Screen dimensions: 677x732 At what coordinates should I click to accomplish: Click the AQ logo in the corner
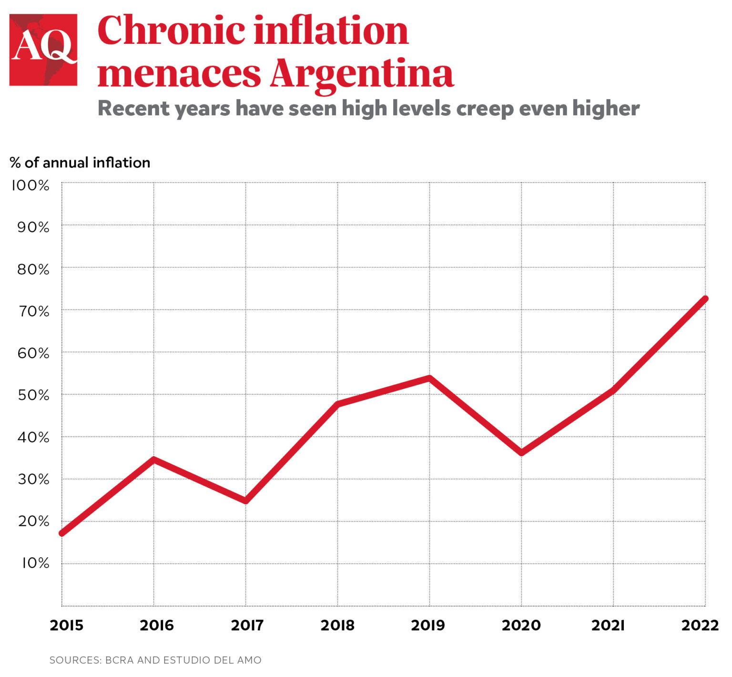tap(43, 50)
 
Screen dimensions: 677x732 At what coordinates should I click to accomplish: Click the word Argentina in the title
tap(362, 74)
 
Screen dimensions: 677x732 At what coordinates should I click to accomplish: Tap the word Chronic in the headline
tap(171, 31)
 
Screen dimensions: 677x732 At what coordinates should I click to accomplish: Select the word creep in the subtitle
tap(484, 109)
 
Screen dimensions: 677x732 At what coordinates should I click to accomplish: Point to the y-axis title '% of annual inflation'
tap(80, 163)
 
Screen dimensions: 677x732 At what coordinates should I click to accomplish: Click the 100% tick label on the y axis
tap(30, 185)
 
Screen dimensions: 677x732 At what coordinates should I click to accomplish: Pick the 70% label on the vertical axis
tap(33, 311)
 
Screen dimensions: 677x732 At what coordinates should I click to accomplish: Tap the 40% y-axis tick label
tap(33, 437)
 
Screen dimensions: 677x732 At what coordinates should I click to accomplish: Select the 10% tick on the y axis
tap(35, 563)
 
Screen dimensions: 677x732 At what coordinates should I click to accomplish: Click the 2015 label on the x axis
tap(66, 625)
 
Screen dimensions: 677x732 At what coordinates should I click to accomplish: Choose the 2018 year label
tap(337, 625)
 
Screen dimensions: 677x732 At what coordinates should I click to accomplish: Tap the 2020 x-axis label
tap(521, 625)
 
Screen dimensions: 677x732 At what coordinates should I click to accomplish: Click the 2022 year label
tap(700, 625)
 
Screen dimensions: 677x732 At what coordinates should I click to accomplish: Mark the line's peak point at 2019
tap(429, 379)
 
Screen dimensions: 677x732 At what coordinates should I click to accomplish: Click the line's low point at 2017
tap(245, 501)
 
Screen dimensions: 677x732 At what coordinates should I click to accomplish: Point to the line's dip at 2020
tap(521, 452)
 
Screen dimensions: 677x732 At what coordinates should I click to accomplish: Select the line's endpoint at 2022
tap(704, 299)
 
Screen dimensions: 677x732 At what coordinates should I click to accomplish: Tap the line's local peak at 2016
tap(153, 459)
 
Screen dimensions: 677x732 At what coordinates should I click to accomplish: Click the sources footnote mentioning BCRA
tap(155, 660)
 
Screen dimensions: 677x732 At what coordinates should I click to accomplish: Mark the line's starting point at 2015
tap(62, 533)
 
